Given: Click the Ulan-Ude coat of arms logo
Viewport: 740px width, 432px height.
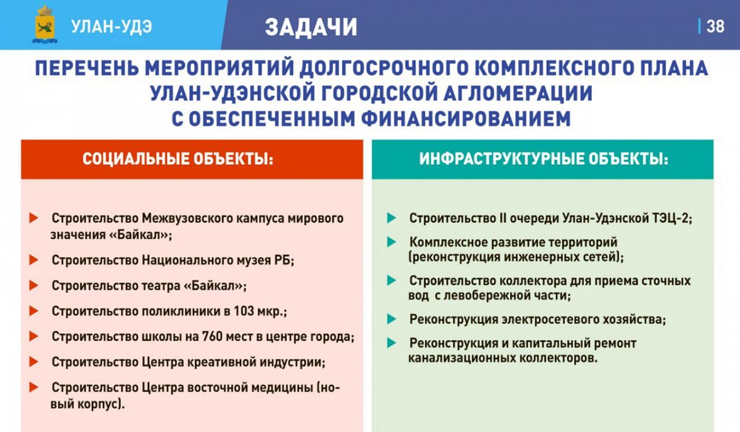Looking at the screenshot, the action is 45,25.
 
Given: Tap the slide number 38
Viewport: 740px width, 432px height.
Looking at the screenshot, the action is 715,27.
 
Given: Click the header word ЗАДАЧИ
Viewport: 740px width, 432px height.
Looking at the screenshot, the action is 311,27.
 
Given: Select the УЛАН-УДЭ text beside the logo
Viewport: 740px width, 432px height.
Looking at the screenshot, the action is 112,27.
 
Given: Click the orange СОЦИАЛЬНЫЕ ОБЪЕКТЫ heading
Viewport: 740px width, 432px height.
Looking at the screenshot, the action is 178,159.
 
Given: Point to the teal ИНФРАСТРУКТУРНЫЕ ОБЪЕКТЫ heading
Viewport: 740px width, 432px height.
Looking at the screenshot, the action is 544,159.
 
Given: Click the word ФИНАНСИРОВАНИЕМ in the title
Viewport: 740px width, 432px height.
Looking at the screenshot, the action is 466,118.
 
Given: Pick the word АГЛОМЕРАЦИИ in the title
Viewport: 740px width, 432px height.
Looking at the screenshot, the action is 517,93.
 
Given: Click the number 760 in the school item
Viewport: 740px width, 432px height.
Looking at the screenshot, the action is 212,336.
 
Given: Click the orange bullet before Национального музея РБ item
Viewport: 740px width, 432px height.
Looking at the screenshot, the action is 34,260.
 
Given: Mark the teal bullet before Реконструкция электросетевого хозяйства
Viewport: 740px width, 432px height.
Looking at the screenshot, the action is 392,319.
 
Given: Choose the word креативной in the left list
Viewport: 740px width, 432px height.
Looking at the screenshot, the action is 221,362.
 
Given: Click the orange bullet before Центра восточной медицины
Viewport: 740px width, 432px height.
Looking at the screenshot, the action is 34,388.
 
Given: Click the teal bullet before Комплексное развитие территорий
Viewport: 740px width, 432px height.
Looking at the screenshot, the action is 392,242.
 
